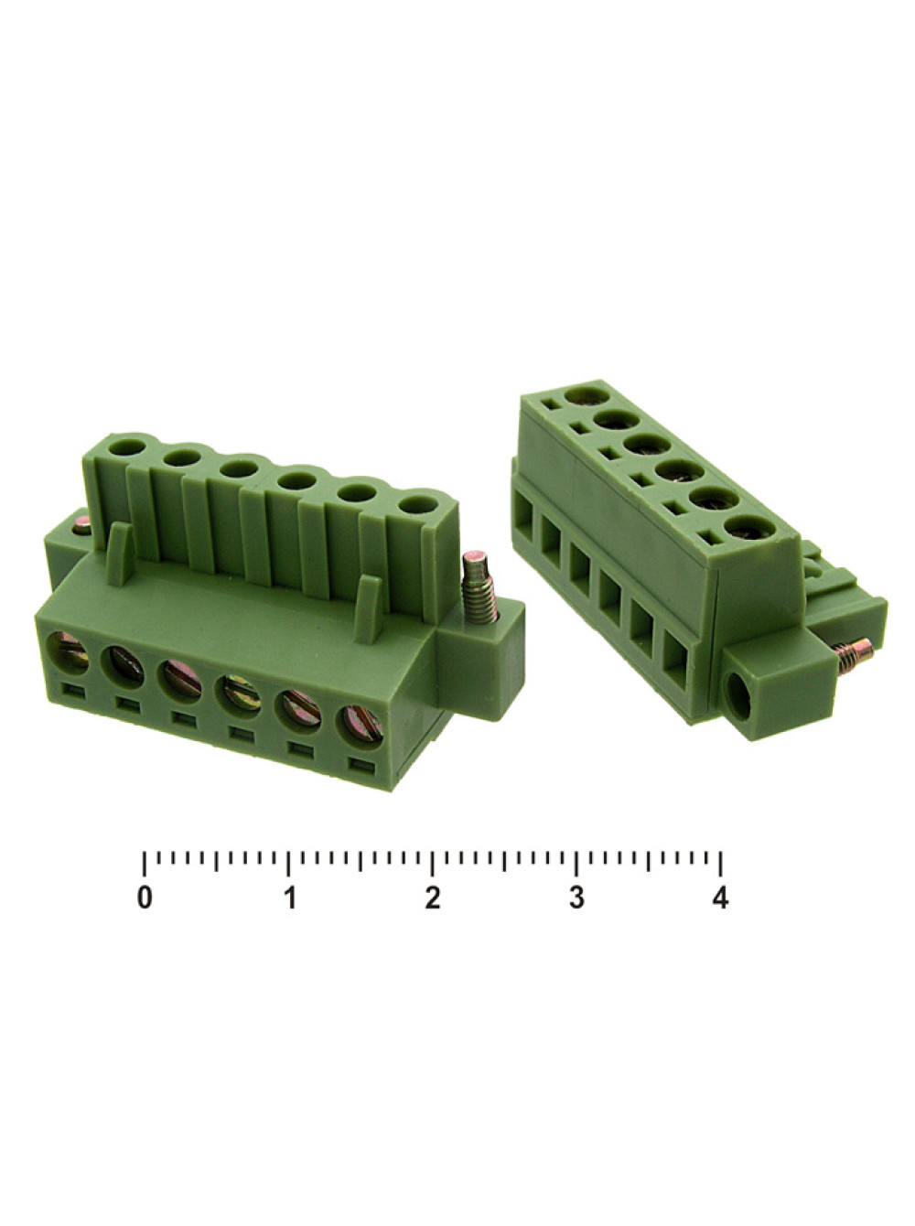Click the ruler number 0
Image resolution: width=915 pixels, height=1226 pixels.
[145, 898]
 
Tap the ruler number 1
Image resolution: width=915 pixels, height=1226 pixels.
[289, 898]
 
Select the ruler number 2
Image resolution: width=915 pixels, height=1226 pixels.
[433, 898]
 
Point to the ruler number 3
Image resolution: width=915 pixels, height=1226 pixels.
[576, 898]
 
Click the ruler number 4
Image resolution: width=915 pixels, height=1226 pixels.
[721, 898]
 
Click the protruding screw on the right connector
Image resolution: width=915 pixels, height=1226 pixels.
[853, 655]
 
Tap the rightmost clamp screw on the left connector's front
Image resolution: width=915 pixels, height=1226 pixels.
[361, 725]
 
